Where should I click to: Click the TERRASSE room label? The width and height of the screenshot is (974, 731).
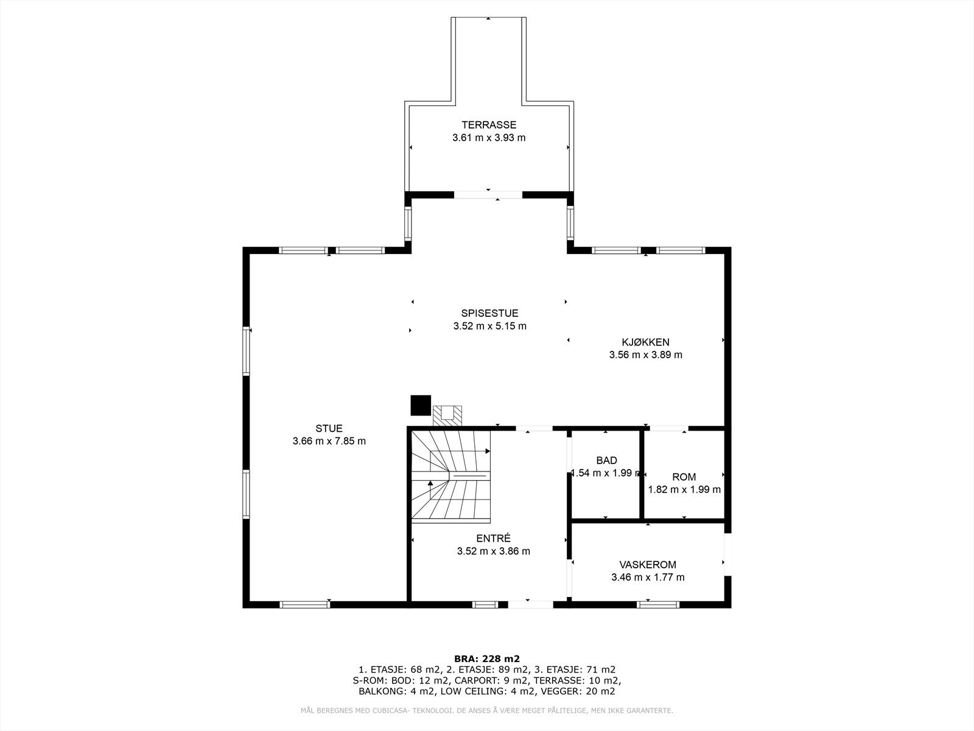488,125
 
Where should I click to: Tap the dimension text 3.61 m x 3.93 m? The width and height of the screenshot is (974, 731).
488,138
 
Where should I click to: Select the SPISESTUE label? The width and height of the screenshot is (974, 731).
489,313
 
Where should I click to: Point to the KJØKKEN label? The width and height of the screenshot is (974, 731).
645,342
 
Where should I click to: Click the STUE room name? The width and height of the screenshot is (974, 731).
329,428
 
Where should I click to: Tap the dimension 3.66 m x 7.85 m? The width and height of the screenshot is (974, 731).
329,441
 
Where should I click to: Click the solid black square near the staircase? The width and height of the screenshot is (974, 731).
420,405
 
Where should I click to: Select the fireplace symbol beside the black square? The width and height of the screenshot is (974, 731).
447,415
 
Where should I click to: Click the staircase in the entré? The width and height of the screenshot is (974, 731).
450,475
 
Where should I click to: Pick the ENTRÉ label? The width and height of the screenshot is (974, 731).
493,539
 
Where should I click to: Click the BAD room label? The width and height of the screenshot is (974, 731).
606,460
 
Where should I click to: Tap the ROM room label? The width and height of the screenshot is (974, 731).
684,477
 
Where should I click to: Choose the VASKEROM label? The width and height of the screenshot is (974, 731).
648,565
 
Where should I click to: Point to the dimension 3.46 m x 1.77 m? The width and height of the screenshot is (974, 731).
648,577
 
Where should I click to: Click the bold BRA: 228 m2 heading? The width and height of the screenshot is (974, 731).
487,659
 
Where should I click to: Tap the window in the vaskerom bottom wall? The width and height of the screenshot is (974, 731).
658,604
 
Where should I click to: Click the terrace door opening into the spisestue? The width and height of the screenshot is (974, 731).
488,195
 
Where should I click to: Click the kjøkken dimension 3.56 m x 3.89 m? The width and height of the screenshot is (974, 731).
645,355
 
